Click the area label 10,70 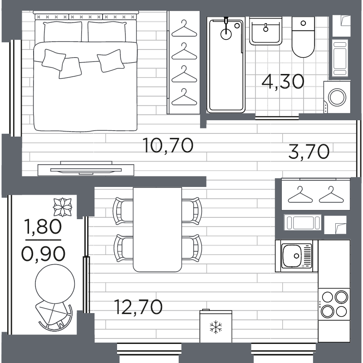[168, 145]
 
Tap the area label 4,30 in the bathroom [283, 82]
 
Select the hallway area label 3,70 [309, 152]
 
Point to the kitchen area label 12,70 [138, 307]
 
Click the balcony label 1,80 [43, 226]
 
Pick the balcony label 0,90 [43, 254]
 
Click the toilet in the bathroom [303, 37]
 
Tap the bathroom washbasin [266, 31]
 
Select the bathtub [226, 65]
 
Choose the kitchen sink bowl [292, 256]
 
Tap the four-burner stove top [334, 304]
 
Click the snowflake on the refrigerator [216, 327]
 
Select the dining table [157, 230]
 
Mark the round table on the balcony [55, 284]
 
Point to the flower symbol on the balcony [62, 207]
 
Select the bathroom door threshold [277, 118]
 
